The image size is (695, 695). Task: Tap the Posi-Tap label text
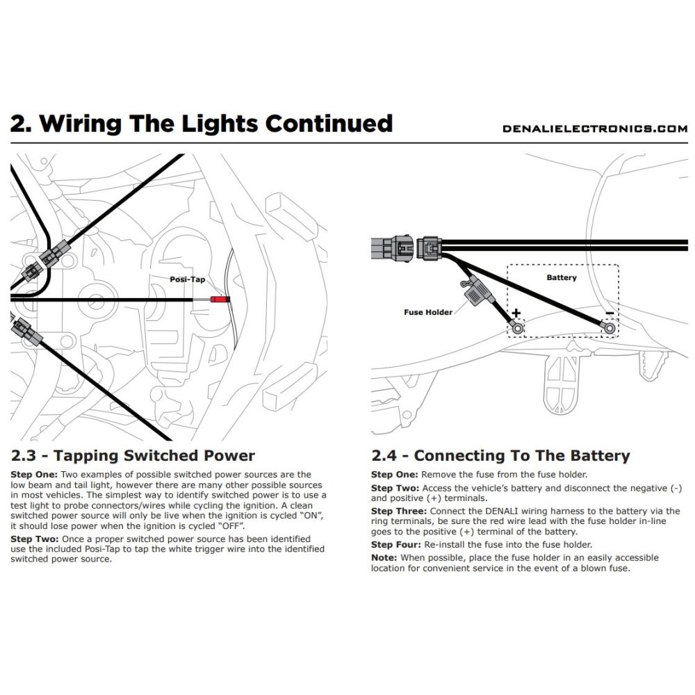click(188, 279)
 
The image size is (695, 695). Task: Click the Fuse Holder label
click(428, 312)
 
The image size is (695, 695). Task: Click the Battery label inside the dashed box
click(562, 277)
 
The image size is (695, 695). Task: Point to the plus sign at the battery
click(516, 313)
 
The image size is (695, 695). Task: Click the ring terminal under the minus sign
click(609, 327)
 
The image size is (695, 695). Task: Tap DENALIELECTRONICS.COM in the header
click(594, 129)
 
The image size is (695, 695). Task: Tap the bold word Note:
click(384, 557)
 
